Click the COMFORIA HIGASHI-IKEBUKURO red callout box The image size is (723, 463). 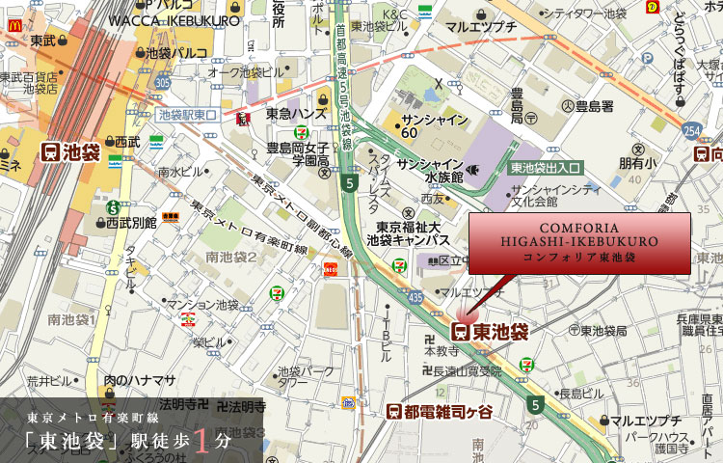click(x=579, y=243)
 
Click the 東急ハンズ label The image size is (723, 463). click(x=294, y=114)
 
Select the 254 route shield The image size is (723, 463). click(x=690, y=130)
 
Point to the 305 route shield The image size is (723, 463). click(x=162, y=82)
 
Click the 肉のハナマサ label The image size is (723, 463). click(x=139, y=379)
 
